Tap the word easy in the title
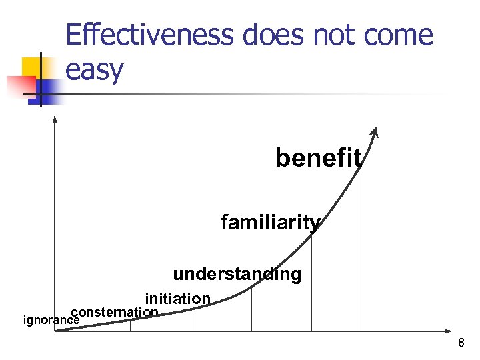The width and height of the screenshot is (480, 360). (x=94, y=69)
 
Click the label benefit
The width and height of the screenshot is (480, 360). (x=319, y=158)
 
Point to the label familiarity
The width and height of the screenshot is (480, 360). (x=270, y=222)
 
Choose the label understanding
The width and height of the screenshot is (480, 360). (x=237, y=274)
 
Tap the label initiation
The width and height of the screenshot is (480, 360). (x=178, y=299)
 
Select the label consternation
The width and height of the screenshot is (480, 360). (x=115, y=312)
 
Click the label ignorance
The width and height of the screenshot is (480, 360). (x=51, y=320)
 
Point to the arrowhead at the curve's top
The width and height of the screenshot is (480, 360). (x=376, y=132)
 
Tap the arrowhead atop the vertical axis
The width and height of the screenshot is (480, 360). (x=55, y=119)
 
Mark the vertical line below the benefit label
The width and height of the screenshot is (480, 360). (x=361, y=253)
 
